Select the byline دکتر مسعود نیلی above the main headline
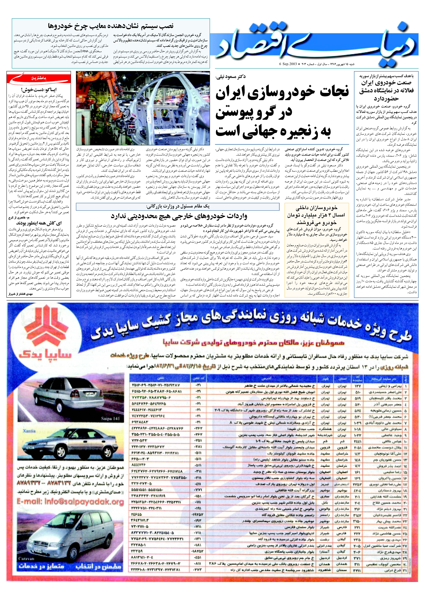[x=230, y=77]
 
